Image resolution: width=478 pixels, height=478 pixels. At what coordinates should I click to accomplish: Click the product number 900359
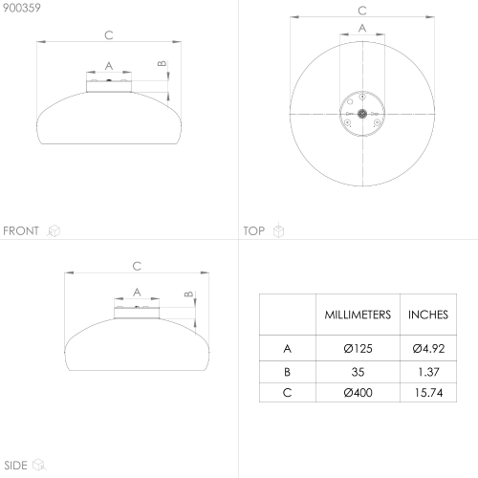[x=22, y=8]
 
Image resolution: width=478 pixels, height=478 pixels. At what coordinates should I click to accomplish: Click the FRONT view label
[x=21, y=230]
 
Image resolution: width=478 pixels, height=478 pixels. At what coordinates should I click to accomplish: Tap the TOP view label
[x=254, y=230]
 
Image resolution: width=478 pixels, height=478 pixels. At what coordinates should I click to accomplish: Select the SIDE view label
[x=15, y=466]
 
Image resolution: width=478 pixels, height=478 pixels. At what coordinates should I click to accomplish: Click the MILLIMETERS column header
[x=358, y=315]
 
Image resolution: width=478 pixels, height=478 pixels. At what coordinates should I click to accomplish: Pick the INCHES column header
[x=428, y=315]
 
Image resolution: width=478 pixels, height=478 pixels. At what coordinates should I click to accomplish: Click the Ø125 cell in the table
[x=358, y=349]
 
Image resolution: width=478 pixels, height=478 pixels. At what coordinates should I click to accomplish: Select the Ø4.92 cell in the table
[x=428, y=349]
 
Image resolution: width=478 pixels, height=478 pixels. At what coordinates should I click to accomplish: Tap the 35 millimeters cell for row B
[x=358, y=372]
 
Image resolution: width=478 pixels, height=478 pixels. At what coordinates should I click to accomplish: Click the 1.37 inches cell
[x=428, y=372]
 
